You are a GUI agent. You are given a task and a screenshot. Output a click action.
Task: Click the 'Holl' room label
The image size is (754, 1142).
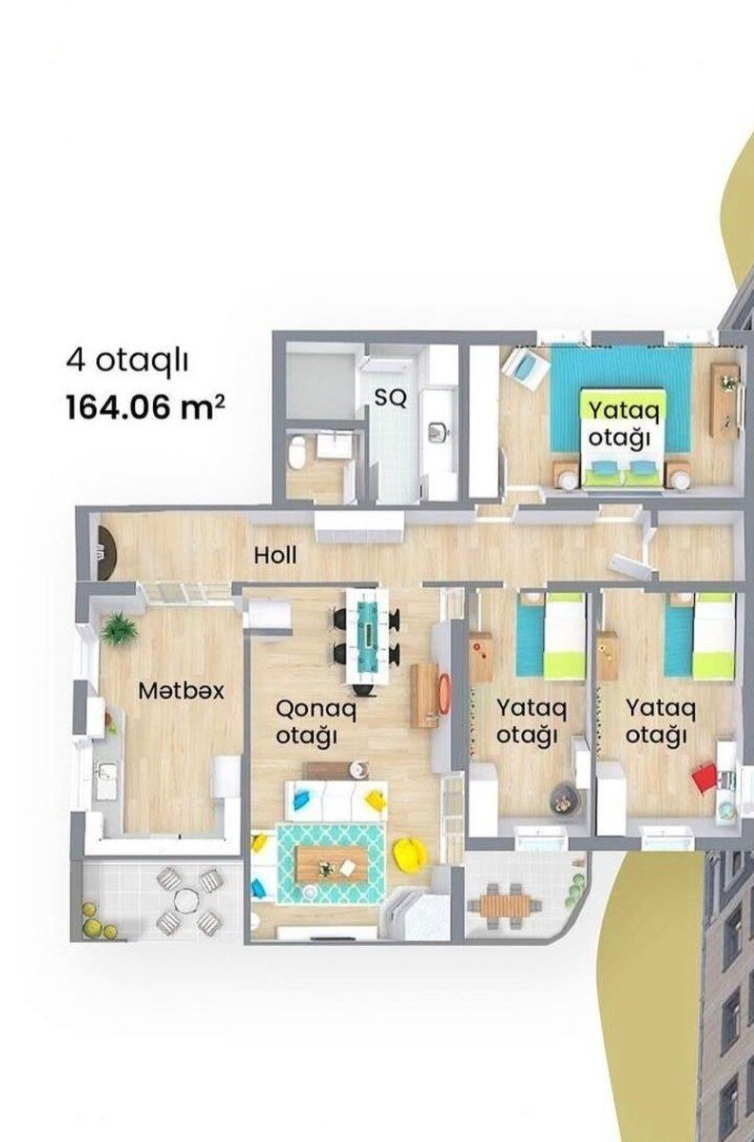pos(275,555)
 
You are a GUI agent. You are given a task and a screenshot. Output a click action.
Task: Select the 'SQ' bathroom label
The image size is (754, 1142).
pos(391,398)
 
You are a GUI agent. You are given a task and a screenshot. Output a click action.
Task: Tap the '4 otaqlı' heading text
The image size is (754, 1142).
pos(126,362)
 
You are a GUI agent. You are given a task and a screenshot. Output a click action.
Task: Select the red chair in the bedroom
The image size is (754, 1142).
pos(705,778)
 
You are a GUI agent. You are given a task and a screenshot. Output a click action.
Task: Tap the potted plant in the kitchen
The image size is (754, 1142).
pos(120,629)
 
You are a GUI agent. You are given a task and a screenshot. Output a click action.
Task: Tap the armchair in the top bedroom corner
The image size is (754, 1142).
pos(525,365)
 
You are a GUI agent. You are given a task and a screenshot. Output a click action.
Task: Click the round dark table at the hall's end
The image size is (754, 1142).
pos(106,553)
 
